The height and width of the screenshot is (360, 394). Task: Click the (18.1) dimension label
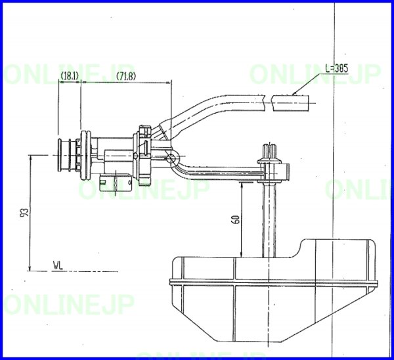coord(69,76)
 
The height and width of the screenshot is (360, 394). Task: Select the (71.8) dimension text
coord(125,76)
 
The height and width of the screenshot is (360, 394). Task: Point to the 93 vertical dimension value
coord(25,214)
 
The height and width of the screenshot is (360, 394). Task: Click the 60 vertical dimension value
coord(236,220)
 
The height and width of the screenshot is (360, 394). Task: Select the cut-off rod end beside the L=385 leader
coord(290,102)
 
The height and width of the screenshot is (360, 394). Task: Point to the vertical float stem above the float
coord(269,217)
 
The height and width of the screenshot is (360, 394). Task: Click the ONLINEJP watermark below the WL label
coord(69,305)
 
